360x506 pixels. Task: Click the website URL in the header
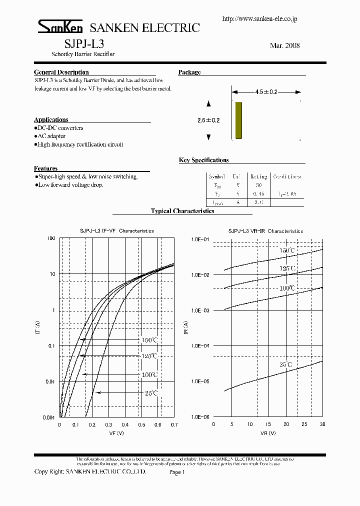click(x=259, y=18)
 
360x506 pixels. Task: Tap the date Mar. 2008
click(x=284, y=45)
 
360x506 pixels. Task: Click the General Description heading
click(x=61, y=72)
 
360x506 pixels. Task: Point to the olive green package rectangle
click(x=238, y=120)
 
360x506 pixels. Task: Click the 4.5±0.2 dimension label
click(x=266, y=92)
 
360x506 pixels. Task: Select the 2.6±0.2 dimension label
click(x=209, y=120)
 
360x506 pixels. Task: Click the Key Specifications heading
click(x=204, y=160)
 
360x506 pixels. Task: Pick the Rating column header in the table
click(x=259, y=176)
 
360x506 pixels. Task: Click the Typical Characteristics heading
click(x=182, y=211)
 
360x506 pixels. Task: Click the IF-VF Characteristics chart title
click(x=117, y=231)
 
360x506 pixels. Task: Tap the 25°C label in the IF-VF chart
click(x=151, y=393)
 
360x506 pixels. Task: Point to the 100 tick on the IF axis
click(x=50, y=238)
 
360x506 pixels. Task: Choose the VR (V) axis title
click(x=267, y=433)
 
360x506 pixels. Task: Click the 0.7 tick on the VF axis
click(x=174, y=424)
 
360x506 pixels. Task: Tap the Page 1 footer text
click(x=177, y=471)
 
